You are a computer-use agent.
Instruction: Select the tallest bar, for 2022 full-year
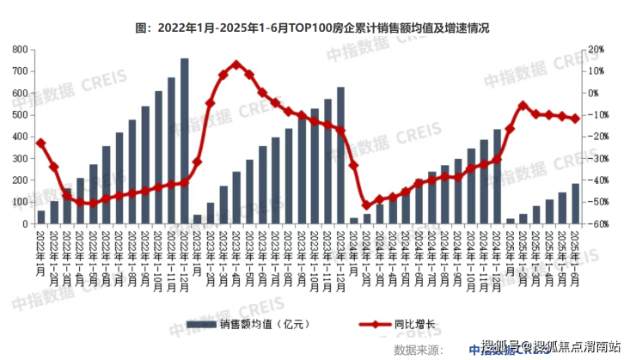[185, 141]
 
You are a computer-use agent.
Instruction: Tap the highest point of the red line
[237, 64]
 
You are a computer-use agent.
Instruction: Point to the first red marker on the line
[41, 143]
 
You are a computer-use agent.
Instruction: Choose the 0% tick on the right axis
[595, 93]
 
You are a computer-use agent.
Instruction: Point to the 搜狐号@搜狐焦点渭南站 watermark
[551, 345]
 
